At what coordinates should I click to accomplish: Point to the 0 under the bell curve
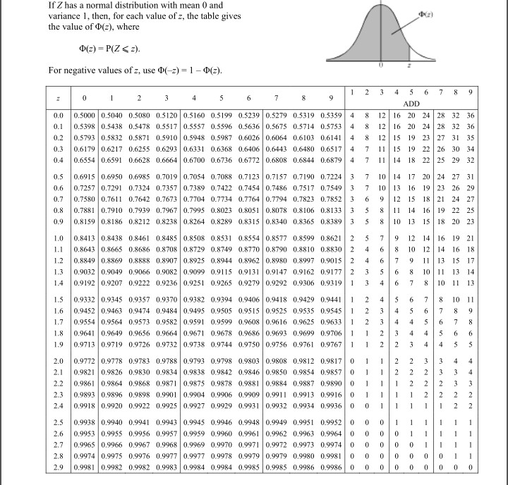tap(380, 63)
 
